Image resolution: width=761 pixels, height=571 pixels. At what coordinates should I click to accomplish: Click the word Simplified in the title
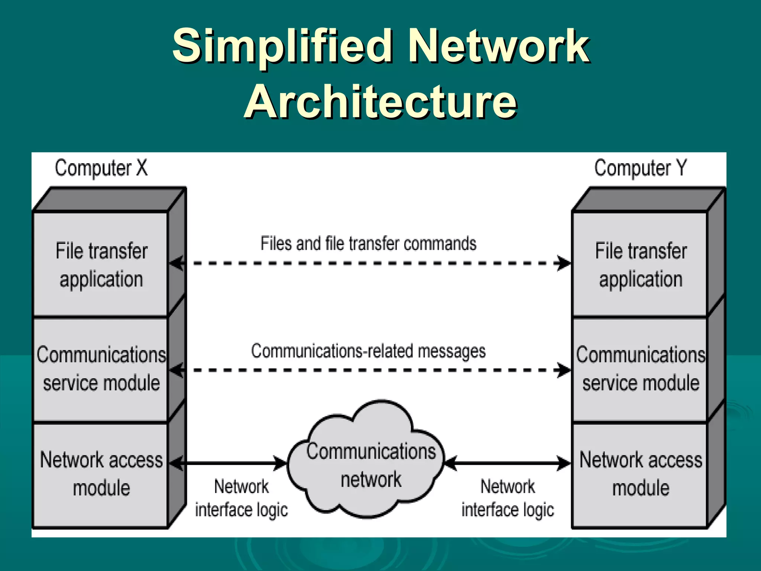coord(282,46)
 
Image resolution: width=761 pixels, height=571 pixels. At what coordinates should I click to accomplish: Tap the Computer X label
coord(101,168)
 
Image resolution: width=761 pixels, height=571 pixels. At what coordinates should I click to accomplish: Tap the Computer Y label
coord(641,168)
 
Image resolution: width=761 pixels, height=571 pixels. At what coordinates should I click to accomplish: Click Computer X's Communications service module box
coord(101,369)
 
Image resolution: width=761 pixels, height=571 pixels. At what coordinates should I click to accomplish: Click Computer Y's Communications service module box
coord(641,369)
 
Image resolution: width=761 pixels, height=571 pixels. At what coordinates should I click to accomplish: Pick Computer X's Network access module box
coord(101,474)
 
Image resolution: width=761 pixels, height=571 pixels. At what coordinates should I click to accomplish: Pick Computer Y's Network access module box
coord(641,474)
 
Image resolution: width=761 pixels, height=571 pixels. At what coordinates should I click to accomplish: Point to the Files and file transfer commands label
coord(368,244)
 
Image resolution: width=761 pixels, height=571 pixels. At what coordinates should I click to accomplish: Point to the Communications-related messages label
coord(368,351)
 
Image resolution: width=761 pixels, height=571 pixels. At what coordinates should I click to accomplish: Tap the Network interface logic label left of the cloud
coord(242,498)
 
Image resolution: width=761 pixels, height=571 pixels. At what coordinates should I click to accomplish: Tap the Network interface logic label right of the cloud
coord(508,498)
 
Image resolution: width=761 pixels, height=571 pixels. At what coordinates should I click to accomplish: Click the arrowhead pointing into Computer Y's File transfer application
coord(564,263)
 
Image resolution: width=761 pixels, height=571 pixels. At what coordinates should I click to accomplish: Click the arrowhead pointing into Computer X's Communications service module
coord(177,370)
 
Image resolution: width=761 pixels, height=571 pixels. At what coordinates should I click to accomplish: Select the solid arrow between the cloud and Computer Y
coord(508,463)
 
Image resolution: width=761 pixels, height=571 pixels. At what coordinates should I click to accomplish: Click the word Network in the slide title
coord(498,46)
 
